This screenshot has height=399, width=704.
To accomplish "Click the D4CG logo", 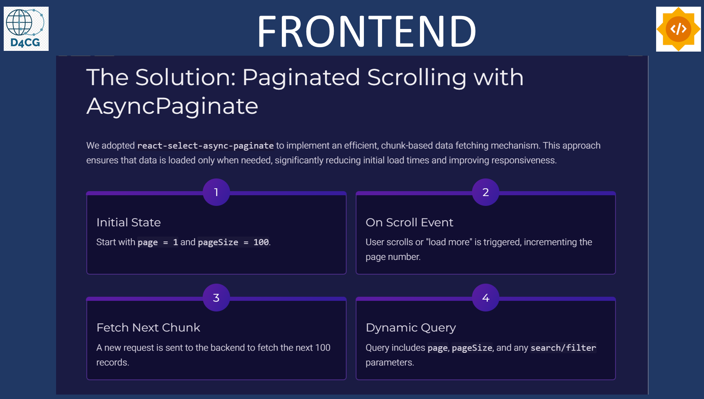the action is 26,29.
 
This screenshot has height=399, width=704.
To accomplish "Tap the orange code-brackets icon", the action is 678,29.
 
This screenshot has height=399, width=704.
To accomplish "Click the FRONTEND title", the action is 366,31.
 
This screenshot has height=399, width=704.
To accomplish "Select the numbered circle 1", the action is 216,192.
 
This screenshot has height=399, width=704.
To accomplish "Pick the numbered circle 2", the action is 486,192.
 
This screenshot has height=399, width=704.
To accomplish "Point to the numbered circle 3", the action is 216,298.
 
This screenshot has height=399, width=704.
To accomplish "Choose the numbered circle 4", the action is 486,298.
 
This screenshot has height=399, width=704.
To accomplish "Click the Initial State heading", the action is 128,222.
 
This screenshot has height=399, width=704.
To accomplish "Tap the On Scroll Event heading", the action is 409,222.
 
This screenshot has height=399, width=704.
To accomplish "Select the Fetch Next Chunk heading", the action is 148,327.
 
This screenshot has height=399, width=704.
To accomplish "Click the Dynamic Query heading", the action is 411,328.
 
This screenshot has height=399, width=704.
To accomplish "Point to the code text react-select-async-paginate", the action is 205,146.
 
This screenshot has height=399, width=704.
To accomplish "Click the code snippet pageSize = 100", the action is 233,242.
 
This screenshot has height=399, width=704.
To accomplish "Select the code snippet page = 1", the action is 158,242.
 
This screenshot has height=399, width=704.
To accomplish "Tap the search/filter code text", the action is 563,348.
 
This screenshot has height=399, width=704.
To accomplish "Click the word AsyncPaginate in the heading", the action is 172,106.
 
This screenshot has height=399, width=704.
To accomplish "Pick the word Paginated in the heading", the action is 301,78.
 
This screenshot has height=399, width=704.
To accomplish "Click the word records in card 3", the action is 113,363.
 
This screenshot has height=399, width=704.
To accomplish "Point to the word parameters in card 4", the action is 390,363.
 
